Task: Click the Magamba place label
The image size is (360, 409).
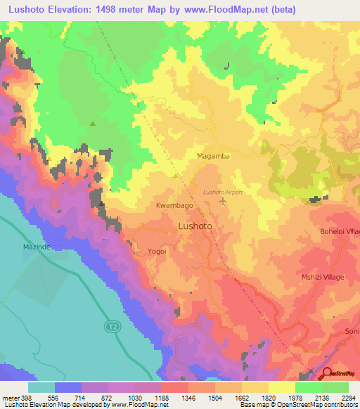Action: point(213,156)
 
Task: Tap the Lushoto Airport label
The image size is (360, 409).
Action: point(222,192)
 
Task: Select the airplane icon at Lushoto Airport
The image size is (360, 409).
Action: point(224,202)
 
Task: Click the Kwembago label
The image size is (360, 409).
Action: point(174,206)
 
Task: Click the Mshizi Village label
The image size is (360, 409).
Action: point(323,278)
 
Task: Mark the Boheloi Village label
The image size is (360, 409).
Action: point(340,232)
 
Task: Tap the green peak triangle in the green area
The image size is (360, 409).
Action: point(92,124)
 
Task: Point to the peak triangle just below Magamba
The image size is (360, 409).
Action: point(176,176)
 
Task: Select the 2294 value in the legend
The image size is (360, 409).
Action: point(348,397)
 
